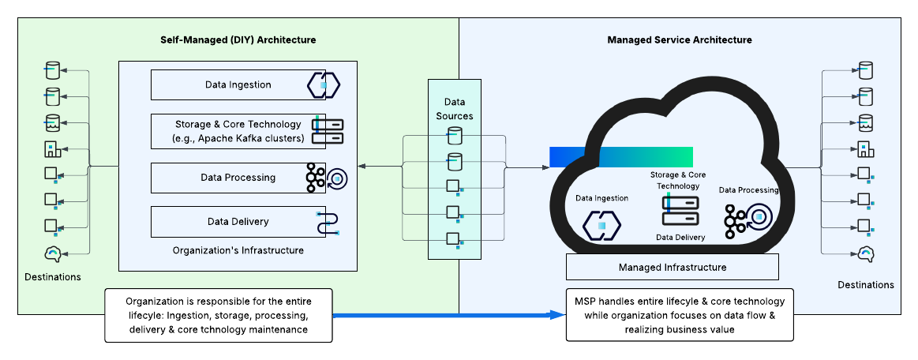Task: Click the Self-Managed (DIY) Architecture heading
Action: (238, 39)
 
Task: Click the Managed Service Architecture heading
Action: (679, 39)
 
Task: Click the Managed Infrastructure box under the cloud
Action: (672, 268)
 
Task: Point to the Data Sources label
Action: (454, 109)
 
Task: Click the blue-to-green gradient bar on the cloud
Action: (621, 157)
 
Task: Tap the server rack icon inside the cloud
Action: (680, 212)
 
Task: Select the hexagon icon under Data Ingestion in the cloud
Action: (601, 225)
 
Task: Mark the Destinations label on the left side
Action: (53, 277)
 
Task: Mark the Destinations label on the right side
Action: (866, 284)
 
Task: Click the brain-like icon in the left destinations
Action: (53, 253)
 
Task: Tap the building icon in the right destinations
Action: (865, 148)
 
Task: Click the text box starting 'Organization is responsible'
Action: (219, 315)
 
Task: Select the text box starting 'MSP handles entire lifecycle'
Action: (679, 315)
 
